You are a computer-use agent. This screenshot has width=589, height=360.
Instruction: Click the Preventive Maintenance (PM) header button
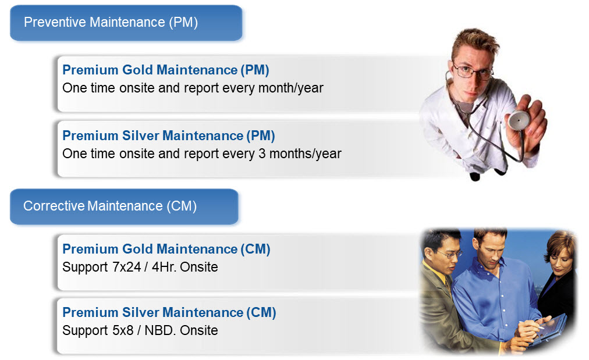tap(126, 23)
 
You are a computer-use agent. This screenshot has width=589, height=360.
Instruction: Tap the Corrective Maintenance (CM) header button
tap(124, 206)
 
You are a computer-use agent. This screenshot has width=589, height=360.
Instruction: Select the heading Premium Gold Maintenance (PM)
tap(166, 70)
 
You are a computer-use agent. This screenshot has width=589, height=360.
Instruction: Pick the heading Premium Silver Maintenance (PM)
tap(169, 136)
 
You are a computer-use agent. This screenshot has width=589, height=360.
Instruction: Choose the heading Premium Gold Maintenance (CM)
tap(166, 249)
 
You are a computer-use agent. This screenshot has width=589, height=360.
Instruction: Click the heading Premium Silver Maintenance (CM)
tap(169, 312)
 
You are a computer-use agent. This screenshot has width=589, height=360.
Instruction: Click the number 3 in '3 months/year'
tap(262, 154)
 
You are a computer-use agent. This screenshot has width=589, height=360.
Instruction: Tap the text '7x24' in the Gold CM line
tap(127, 267)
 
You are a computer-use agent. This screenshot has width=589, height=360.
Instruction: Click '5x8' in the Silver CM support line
tap(123, 330)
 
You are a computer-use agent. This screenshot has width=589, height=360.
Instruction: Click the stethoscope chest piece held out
tap(519, 120)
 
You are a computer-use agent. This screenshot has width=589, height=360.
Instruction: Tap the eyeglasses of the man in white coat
tap(472, 72)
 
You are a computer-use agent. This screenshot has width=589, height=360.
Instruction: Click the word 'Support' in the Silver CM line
tap(85, 331)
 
